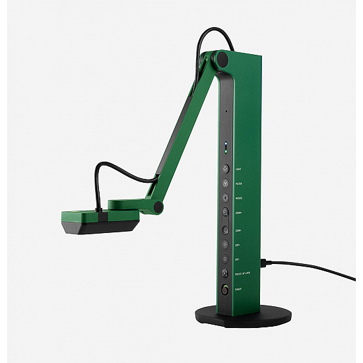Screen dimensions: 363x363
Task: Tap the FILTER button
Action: [x=225, y=183]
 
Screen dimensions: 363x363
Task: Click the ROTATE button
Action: [x=225, y=197]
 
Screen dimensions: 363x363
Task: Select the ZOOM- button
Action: [x=225, y=228]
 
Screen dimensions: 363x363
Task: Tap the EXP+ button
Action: [x=225, y=244]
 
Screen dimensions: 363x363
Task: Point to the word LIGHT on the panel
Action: [x=238, y=169]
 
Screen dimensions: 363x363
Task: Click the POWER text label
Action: [x=238, y=289]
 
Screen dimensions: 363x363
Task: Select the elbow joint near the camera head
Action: [x=158, y=207]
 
